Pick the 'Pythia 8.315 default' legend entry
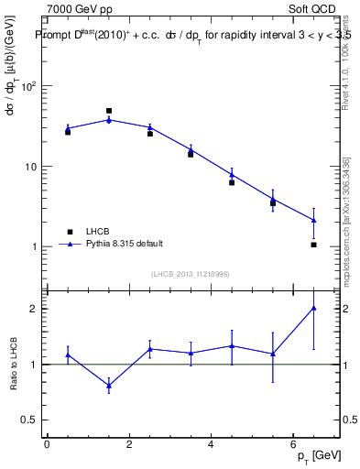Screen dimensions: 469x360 tap(110, 244)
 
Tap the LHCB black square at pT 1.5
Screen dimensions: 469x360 tap(109, 111)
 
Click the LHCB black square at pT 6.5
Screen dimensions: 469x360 tap(313, 245)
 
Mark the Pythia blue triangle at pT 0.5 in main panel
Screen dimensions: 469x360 tap(68, 128)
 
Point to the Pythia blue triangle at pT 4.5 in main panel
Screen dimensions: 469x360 tap(232, 174)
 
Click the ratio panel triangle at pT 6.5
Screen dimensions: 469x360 tap(313, 308)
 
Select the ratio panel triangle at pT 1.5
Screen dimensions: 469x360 tap(109, 386)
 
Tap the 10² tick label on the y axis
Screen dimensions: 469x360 tap(28, 86)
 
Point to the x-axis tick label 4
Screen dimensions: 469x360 tap(211, 445)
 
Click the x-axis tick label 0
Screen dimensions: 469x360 tap(47, 445)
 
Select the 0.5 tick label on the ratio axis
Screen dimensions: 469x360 tap(29, 420)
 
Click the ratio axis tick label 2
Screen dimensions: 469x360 tap(33, 309)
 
